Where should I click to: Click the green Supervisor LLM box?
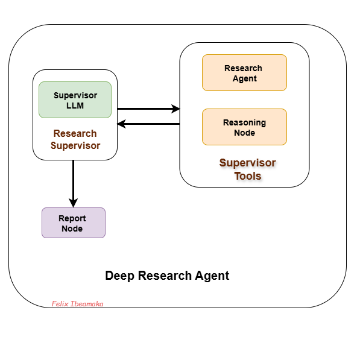tap(75, 100)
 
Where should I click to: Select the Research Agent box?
tap(244, 73)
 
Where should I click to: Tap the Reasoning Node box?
tap(244, 127)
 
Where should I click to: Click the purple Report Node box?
tap(73, 223)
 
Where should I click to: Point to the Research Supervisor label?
tap(75, 139)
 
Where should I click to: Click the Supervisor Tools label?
tap(247, 169)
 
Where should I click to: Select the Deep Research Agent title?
tap(167, 276)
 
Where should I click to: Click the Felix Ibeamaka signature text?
tap(77, 304)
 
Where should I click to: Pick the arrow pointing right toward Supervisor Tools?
tap(148, 109)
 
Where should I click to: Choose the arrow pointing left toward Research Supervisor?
tap(148, 124)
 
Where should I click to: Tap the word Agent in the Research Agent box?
tap(244, 78)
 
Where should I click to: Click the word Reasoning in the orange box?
tap(244, 122)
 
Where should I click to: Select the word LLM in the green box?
tap(75, 106)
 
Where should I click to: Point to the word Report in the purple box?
tap(72, 218)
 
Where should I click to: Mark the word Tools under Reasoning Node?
tap(248, 176)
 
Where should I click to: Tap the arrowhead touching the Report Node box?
tap(73, 203)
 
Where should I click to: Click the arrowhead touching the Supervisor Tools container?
tap(175, 109)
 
